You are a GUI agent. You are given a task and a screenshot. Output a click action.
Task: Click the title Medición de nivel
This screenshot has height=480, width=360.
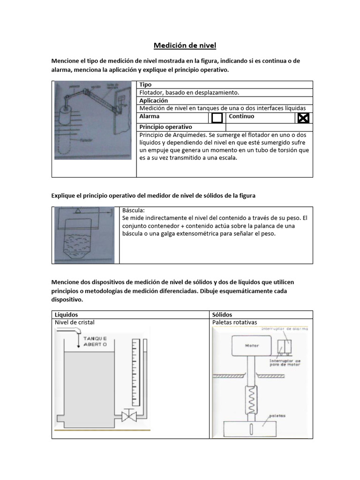point(185,45)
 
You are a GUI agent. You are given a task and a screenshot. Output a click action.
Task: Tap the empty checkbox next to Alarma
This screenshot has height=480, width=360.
point(217,118)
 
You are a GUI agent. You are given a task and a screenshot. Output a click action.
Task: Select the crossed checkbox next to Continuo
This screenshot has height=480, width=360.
point(303,118)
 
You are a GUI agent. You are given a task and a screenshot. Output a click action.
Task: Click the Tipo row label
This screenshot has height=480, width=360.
point(146,84)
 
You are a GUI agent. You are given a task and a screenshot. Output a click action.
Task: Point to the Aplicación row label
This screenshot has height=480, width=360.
point(153,100)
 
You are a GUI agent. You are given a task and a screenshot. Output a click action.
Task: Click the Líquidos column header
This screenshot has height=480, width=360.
point(66,315)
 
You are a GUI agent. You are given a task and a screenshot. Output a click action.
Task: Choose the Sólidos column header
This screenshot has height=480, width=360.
point(222,315)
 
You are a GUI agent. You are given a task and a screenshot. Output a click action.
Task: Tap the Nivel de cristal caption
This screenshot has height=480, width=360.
point(78,322)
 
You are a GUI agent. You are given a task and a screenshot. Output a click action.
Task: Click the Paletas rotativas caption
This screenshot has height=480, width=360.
point(235,322)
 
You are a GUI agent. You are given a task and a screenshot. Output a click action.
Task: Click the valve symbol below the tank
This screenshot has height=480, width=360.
point(128,415)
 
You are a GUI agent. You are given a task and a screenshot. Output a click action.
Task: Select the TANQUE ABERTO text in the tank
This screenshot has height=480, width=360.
point(95,341)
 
